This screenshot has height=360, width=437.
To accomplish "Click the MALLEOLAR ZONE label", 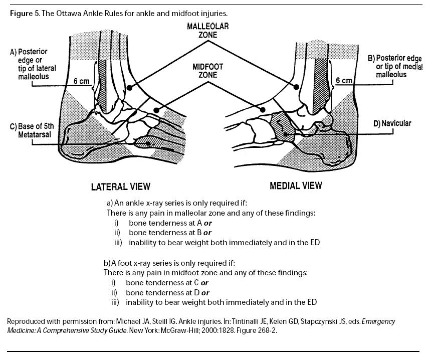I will point(208,31).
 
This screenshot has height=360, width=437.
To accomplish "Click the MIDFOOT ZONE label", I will point(207,71).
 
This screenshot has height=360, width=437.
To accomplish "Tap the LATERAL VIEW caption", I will point(120,187).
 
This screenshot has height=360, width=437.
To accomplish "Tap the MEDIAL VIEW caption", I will point(296,186).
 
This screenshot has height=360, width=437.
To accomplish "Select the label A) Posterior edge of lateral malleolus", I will point(33,64).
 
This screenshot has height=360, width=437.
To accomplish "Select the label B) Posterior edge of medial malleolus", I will point(395,66).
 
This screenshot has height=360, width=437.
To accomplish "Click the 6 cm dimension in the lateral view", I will point(82,81).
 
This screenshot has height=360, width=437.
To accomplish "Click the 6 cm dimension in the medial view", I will point(344,80).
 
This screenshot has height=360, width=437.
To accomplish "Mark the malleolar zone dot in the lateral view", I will point(129,88).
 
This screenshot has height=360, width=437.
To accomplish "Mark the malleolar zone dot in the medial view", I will point(296,87).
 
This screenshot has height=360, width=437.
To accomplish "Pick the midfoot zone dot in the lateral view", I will point(156,110).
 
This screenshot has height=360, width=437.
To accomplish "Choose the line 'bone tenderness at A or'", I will point(170,223).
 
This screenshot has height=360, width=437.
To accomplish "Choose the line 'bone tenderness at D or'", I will point(167,292).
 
